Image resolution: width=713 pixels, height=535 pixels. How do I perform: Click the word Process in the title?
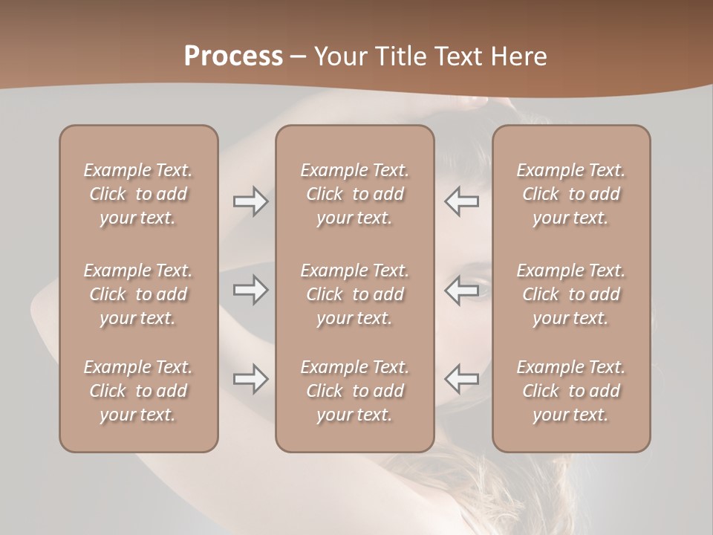[233, 56]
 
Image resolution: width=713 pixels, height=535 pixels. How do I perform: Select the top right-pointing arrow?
[250, 201]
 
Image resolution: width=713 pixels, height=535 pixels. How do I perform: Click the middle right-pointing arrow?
[250, 289]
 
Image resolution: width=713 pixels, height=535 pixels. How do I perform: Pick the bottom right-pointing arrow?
[250, 379]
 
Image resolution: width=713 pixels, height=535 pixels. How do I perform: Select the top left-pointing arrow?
[461, 201]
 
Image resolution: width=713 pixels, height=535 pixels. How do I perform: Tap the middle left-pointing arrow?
[461, 289]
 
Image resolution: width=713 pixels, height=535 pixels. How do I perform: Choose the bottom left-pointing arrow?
[461, 379]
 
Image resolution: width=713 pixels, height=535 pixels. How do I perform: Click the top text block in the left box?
[138, 194]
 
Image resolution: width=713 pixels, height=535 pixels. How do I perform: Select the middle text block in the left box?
[138, 294]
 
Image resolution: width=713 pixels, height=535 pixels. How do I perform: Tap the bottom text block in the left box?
[138, 391]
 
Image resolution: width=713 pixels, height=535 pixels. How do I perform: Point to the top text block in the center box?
[354, 194]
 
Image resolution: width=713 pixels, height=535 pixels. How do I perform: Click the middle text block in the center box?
[354, 294]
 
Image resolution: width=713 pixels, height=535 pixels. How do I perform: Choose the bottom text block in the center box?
[354, 391]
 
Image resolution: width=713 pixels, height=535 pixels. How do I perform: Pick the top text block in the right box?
[570, 194]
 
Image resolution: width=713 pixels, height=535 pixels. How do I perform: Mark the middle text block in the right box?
[570, 294]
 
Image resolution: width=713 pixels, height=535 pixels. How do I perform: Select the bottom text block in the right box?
[570, 391]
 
